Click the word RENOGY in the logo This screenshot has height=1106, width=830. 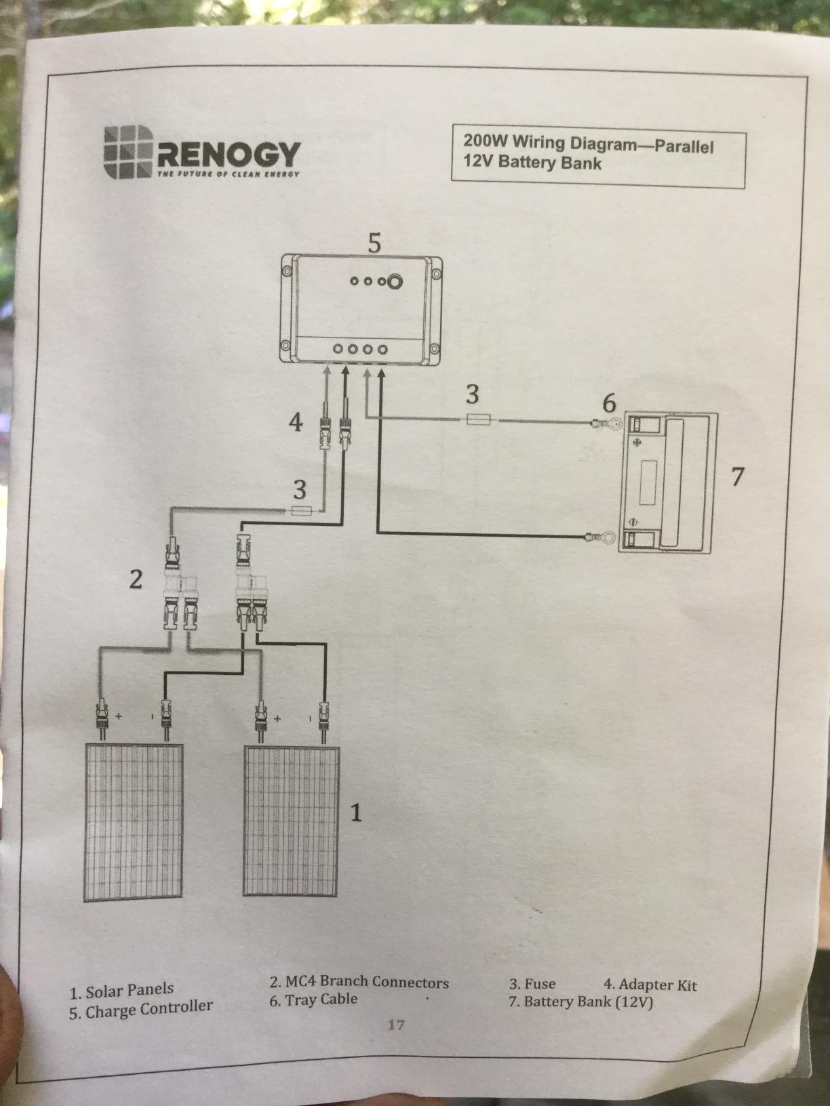point(229,155)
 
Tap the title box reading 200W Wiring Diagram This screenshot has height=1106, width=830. point(599,160)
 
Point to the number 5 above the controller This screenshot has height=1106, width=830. point(375,242)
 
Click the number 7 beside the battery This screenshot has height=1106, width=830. point(738,476)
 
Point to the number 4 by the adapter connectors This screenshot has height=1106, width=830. point(296,422)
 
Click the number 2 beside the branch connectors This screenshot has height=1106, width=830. point(136,579)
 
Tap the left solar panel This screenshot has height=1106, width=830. point(134,822)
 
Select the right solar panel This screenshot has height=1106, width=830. point(292,821)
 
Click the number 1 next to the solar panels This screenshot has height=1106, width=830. point(356,812)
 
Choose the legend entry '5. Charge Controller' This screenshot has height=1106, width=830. point(141,1010)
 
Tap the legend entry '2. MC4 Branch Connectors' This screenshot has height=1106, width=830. point(359,982)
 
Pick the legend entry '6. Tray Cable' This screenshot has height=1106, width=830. point(313,999)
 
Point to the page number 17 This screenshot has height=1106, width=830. point(396,1024)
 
